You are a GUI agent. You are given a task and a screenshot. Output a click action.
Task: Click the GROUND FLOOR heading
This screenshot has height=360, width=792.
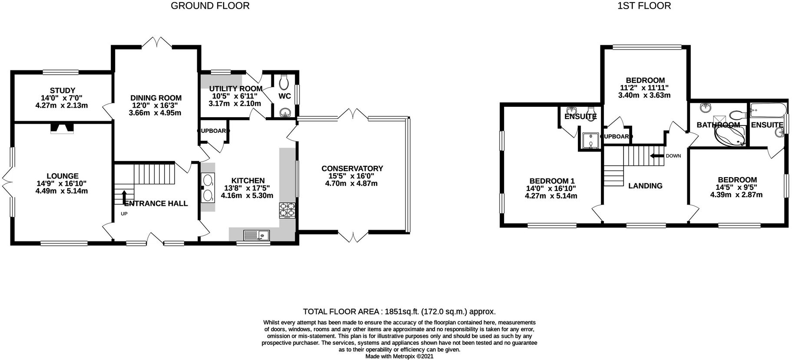click(210, 6)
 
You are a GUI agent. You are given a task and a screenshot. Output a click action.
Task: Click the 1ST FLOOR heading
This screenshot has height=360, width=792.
click(644, 6)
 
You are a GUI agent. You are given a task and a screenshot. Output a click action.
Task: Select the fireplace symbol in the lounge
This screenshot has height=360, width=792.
click(62, 128)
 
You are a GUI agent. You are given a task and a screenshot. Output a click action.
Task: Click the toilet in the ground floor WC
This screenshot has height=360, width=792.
click(285, 81)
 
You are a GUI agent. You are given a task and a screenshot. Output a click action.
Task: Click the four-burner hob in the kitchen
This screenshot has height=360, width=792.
click(287, 210)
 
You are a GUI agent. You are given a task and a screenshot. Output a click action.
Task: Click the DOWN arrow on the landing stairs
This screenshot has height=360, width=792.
click(657, 156)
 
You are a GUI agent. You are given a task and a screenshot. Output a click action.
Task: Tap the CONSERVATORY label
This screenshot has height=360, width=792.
click(352, 168)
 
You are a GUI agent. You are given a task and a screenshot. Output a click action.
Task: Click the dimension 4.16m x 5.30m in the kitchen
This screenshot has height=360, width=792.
click(247, 196)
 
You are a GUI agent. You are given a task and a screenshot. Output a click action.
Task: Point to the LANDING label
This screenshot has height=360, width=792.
click(645, 186)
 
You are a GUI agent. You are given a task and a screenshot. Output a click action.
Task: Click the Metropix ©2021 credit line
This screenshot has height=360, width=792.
click(399, 356)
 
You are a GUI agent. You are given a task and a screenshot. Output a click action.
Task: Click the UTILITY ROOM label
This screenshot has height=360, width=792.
click(235, 89)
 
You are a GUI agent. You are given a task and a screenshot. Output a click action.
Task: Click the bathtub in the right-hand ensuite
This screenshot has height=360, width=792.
click(768, 109)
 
